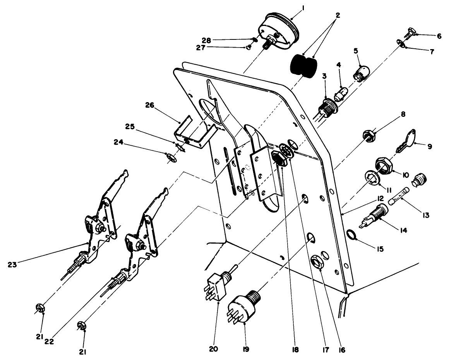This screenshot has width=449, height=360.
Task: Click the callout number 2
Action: click(x=338, y=16)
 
